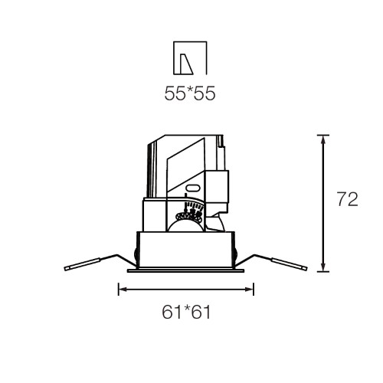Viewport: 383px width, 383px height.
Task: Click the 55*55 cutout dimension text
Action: tap(190, 93)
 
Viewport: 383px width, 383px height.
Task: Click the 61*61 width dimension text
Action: tap(186, 312)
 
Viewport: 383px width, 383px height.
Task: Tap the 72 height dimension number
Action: tap(348, 199)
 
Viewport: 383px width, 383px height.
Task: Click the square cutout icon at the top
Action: tap(190, 58)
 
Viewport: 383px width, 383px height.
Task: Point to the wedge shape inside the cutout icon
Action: tap(185, 64)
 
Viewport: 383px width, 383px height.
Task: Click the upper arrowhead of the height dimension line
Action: tap(323, 140)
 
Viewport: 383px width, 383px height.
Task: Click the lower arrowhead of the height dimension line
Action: tap(323, 267)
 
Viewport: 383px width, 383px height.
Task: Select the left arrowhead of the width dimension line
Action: tap(124, 290)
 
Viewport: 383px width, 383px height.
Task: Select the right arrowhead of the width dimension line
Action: tap(248, 290)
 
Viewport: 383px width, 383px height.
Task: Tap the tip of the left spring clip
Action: tap(65, 269)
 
